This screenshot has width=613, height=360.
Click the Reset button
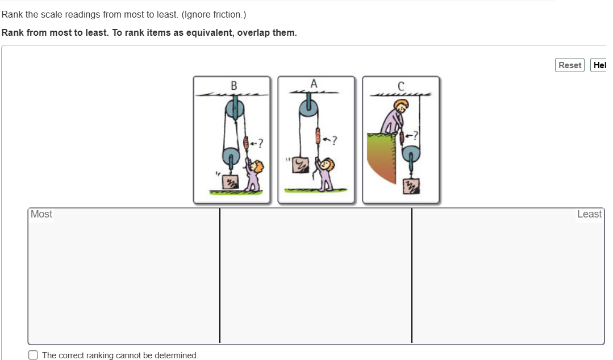point(570,65)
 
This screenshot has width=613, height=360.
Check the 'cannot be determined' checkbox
point(33,355)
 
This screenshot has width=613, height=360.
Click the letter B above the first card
point(234,86)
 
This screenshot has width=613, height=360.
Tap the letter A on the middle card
point(314,83)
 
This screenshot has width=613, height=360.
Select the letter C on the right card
point(401,86)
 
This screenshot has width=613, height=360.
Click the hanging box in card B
point(231,182)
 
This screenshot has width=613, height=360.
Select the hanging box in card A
point(301,165)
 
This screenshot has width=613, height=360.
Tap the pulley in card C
point(411,156)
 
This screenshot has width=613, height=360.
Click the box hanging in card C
point(411,186)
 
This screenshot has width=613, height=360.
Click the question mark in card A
point(334,140)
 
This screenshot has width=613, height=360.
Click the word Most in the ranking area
point(41,214)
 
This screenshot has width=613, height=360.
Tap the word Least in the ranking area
point(590,214)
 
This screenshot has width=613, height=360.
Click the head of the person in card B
point(257,167)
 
